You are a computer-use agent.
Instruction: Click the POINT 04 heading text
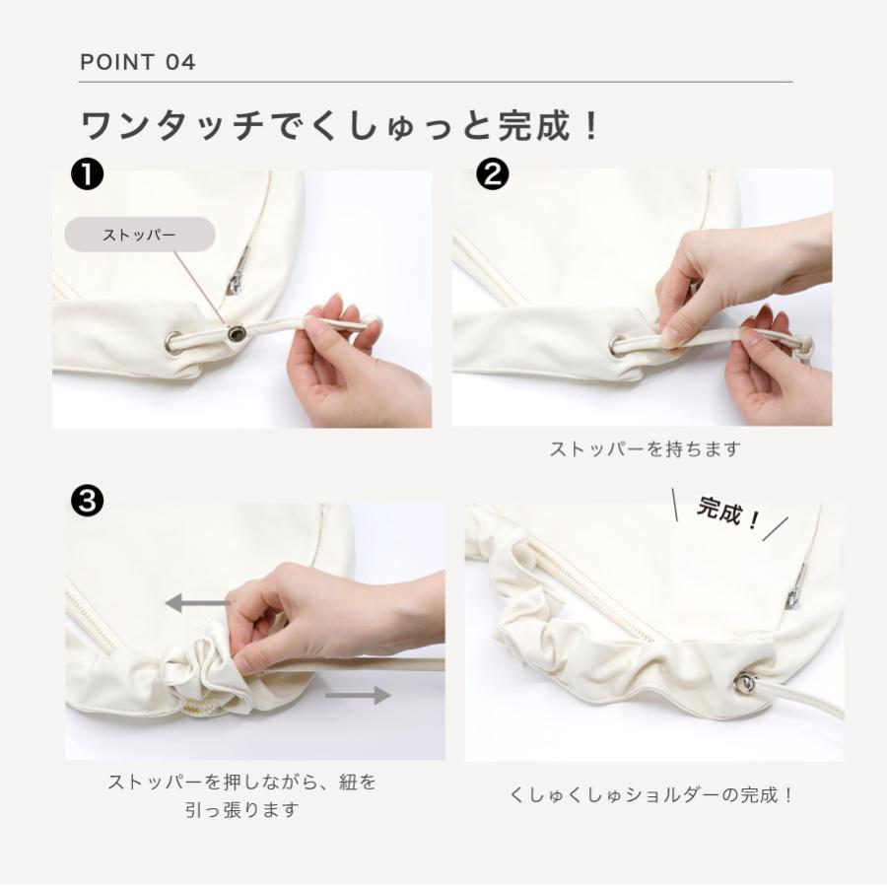(x=137, y=62)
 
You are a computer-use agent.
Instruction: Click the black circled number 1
(x=87, y=174)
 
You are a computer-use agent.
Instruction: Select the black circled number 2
(x=492, y=174)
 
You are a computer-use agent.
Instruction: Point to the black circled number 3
(x=87, y=501)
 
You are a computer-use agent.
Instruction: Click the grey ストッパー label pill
(x=140, y=235)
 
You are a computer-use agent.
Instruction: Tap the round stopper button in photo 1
(x=235, y=333)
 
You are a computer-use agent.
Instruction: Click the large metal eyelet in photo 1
(x=174, y=343)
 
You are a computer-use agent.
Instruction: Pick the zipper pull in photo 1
(x=239, y=272)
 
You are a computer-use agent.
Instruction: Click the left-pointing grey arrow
(x=197, y=602)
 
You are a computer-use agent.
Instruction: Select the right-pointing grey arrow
(x=358, y=695)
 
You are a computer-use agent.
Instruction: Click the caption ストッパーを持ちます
(x=645, y=449)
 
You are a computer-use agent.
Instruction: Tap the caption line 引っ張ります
(x=242, y=810)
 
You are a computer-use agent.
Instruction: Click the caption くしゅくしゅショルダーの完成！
(x=651, y=795)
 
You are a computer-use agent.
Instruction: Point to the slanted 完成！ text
(x=727, y=512)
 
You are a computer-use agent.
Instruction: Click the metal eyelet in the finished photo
(x=748, y=682)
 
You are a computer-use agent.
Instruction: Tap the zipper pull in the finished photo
(x=796, y=588)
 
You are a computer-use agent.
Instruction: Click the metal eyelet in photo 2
(x=618, y=345)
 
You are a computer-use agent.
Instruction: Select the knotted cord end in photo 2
(x=805, y=346)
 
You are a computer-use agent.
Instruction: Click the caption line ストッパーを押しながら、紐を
(x=242, y=783)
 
